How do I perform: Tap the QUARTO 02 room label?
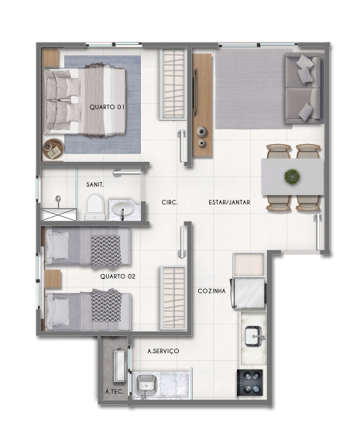click(x=118, y=275)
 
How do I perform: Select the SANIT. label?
click(x=95, y=184)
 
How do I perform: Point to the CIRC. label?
click(x=170, y=202)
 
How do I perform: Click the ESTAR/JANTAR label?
click(x=227, y=202)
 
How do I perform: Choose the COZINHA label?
click(x=211, y=290)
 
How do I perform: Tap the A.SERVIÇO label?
click(x=163, y=351)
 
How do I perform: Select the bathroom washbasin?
click(x=122, y=209)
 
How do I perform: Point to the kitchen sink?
click(x=254, y=335)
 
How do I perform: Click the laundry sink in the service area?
click(x=146, y=383)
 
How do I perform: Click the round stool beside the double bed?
click(x=53, y=146)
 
